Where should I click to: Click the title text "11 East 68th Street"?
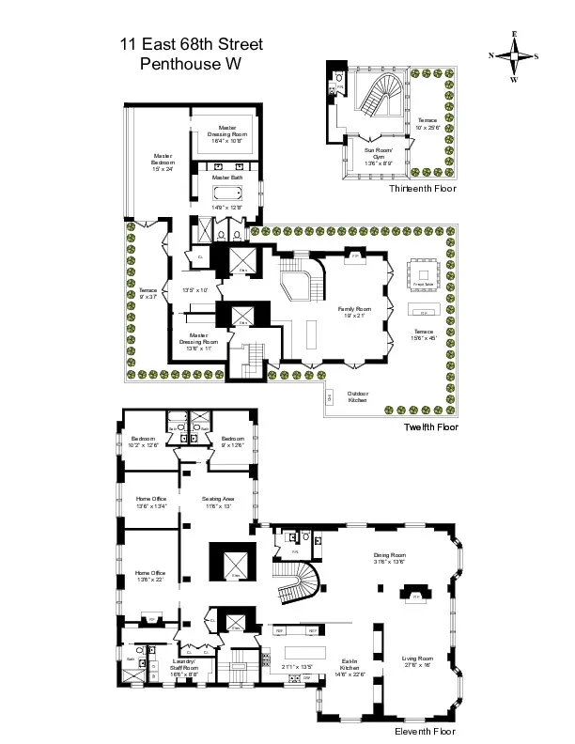(190, 44)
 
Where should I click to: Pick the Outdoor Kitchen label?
(358, 397)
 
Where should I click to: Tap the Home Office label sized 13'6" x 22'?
(149, 575)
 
